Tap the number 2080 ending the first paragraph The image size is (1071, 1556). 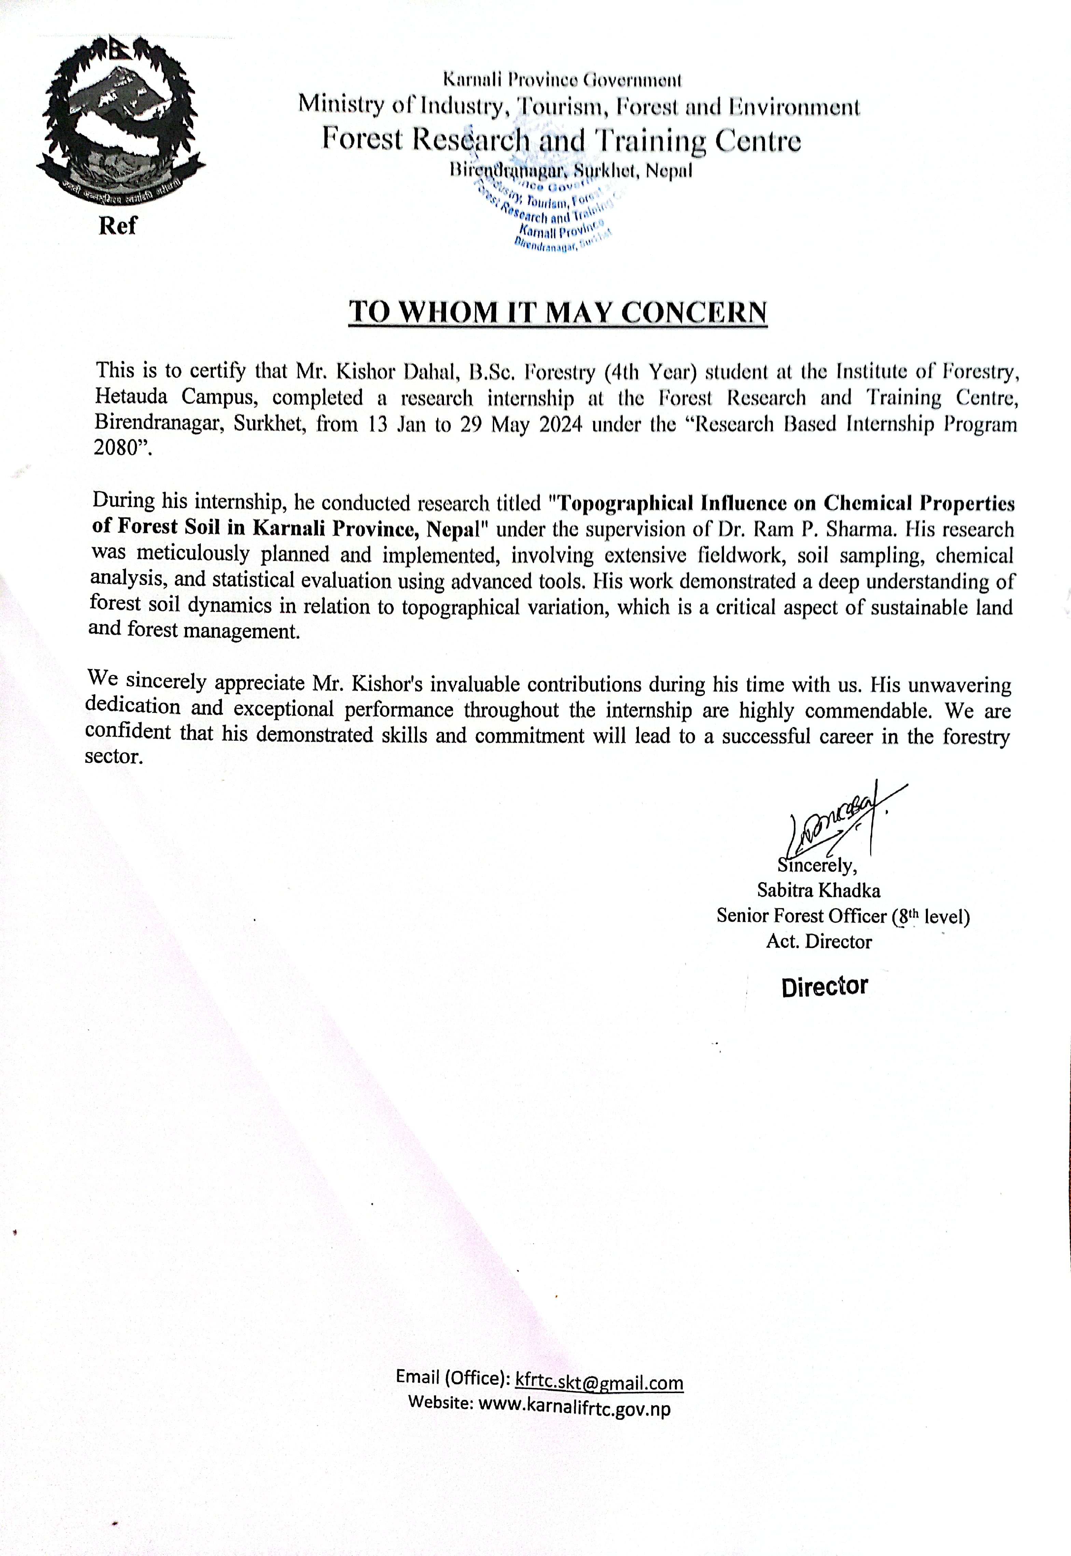pyautogui.click(x=115, y=448)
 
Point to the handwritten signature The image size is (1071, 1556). pyautogui.click(x=839, y=820)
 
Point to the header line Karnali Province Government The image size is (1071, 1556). pyautogui.click(x=562, y=81)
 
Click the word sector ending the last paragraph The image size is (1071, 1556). pyautogui.click(x=112, y=757)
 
